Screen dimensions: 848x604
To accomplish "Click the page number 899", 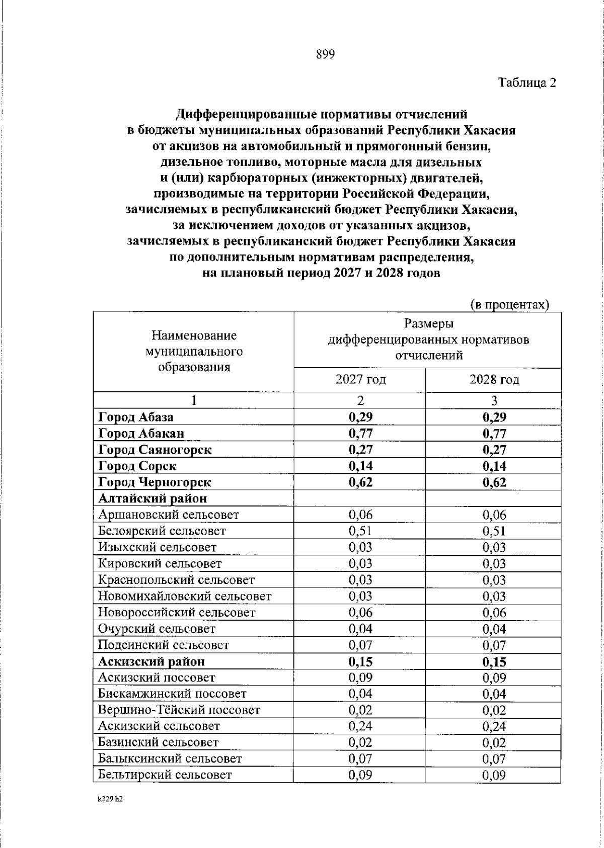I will (325, 55).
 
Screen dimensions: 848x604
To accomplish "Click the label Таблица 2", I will (527, 83).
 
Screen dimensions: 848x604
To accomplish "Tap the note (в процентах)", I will (509, 305).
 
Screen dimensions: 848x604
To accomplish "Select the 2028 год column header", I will (494, 380).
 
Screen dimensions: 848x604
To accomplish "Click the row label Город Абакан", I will (141, 433).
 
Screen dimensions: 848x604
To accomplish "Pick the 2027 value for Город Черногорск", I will (360, 482).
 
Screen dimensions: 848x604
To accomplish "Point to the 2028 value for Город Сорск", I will (494, 466).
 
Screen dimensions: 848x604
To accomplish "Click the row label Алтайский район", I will (153, 498).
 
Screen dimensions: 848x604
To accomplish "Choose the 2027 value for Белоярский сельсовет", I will (360, 531).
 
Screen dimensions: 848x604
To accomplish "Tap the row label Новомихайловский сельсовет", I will (185, 597).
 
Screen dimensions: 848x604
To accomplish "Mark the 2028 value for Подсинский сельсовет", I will (494, 645).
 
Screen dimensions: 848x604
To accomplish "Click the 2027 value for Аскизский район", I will (360, 661).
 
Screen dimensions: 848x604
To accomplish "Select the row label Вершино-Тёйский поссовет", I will (179, 710).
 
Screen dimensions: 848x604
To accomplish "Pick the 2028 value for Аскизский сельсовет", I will (494, 726).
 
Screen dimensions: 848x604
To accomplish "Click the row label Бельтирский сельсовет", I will (165, 775).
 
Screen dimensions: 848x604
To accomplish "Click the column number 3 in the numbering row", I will (494, 400).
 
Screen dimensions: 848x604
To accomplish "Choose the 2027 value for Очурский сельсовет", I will (360, 629).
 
